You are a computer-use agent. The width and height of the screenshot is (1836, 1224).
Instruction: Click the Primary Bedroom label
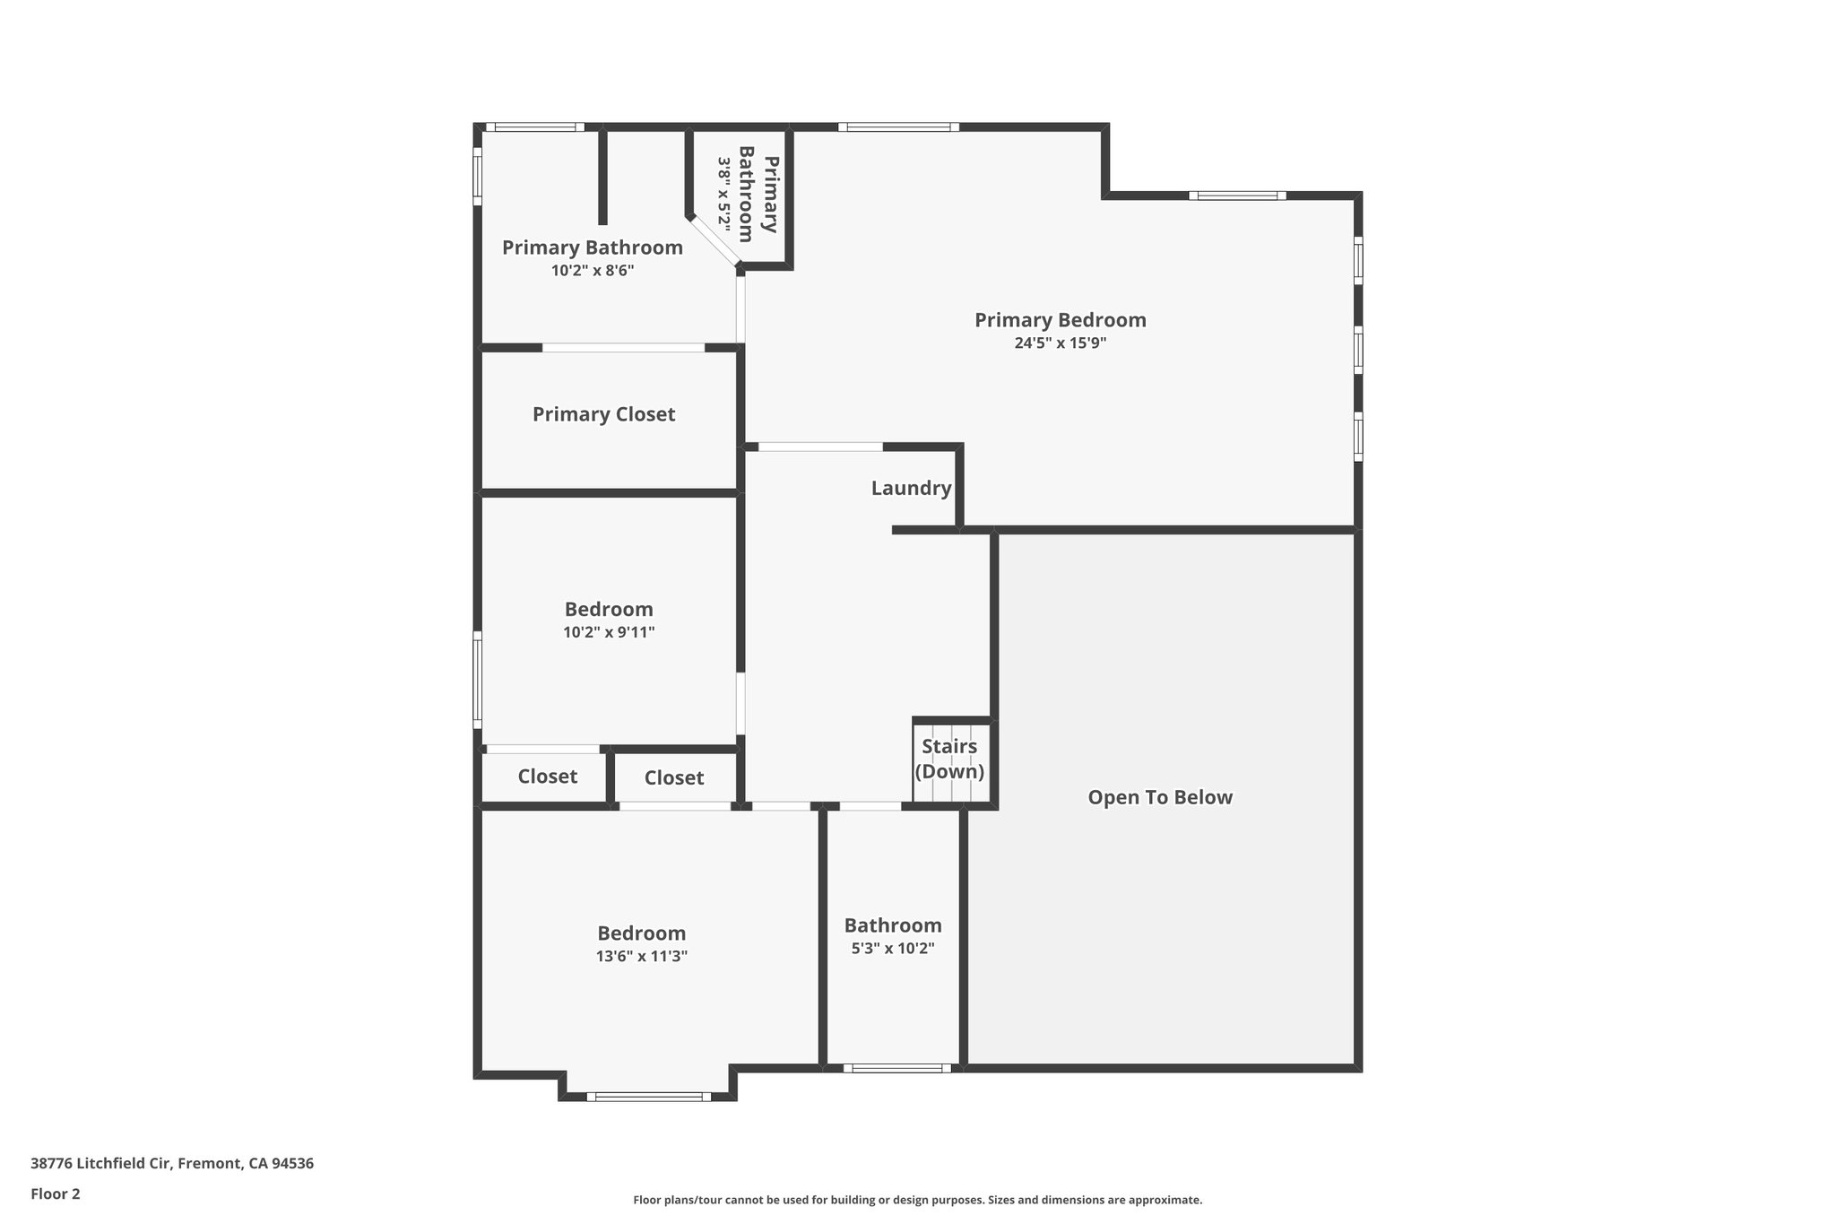pyautogui.click(x=1060, y=320)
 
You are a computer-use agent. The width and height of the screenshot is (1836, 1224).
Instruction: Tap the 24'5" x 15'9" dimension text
pyautogui.click(x=1060, y=343)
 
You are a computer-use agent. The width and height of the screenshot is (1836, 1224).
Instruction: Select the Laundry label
pyautogui.click(x=911, y=489)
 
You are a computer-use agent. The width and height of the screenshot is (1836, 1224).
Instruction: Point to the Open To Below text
pyautogui.click(x=1160, y=797)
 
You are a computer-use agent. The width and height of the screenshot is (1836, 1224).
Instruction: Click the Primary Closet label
pyautogui.click(x=603, y=414)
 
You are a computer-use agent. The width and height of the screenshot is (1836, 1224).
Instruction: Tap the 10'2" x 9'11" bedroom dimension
pyautogui.click(x=609, y=632)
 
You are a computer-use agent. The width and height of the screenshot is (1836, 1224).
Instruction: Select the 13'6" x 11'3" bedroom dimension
pyautogui.click(x=641, y=956)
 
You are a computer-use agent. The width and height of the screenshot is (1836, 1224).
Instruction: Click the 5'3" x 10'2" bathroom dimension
pyautogui.click(x=893, y=949)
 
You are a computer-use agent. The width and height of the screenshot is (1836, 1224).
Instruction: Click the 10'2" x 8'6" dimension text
pyautogui.click(x=593, y=270)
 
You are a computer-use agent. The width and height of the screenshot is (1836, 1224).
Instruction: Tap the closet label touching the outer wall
pyautogui.click(x=547, y=777)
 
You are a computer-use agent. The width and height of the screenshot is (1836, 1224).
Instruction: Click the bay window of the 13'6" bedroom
pyautogui.click(x=649, y=1096)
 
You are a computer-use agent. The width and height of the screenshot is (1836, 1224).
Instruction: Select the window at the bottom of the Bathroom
pyautogui.click(x=896, y=1068)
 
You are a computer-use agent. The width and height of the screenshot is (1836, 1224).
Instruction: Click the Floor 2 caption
pyautogui.click(x=56, y=1194)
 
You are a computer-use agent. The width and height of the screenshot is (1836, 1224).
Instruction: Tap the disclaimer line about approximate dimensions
pyautogui.click(x=917, y=1200)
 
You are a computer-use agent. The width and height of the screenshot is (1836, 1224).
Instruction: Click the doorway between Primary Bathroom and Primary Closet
pyautogui.click(x=623, y=348)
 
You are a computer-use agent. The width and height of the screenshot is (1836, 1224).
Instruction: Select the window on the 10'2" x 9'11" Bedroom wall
pyautogui.click(x=478, y=679)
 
